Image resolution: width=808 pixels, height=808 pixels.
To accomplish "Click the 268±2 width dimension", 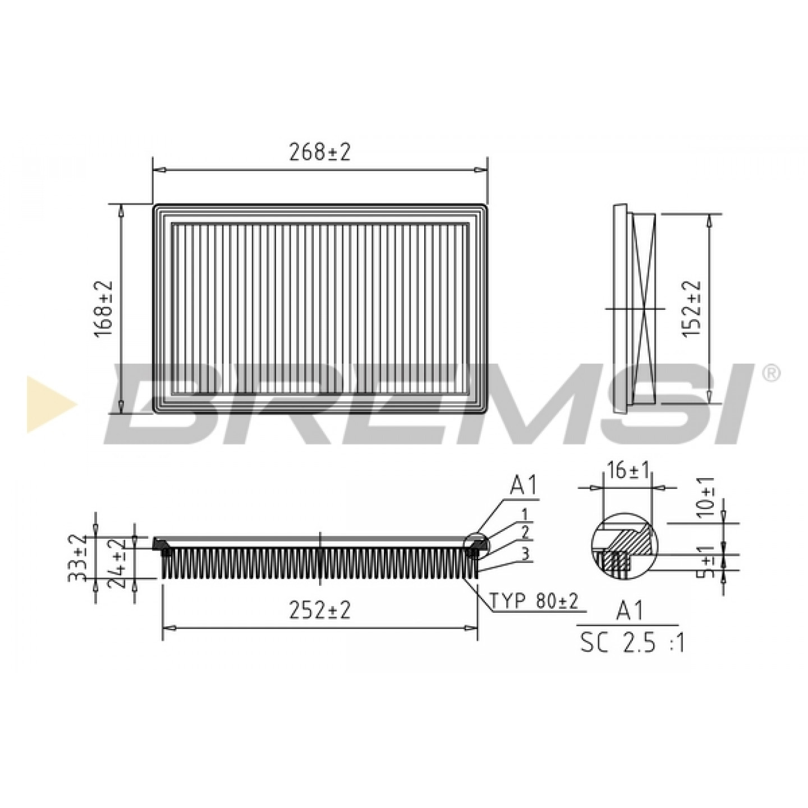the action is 319,154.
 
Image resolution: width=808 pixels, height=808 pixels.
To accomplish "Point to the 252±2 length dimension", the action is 319,612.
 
